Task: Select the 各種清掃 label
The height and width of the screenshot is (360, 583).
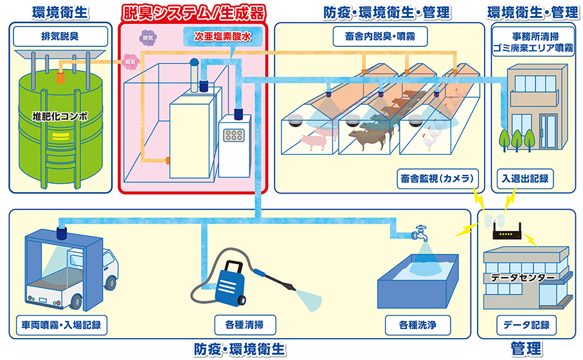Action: pyautogui.click(x=238, y=323)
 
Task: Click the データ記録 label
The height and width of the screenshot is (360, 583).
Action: pyautogui.click(x=526, y=323)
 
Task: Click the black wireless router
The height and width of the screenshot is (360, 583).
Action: pyautogui.click(x=505, y=233)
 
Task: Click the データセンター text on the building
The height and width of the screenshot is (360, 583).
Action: pyautogui.click(x=523, y=278)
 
